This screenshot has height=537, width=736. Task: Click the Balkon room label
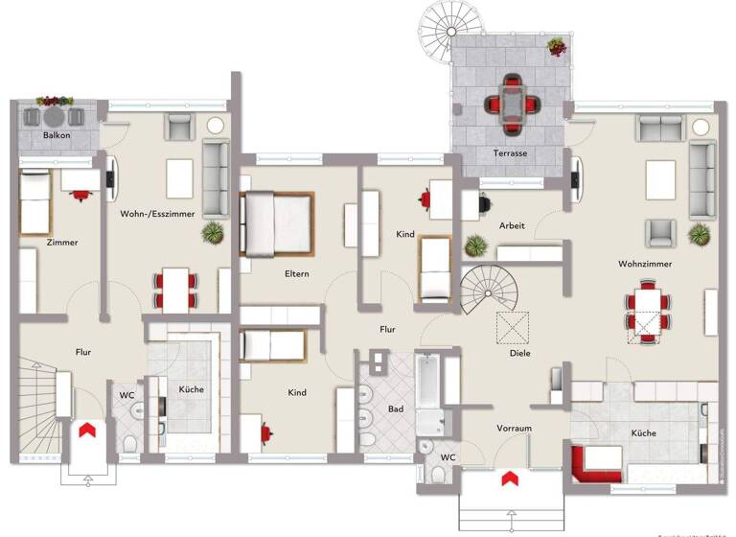56,136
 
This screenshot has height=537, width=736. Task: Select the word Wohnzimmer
645,262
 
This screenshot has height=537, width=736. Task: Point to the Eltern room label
296,273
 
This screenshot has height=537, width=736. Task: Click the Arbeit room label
513,225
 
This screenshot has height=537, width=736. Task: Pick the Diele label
519,352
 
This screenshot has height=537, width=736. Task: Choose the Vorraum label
514,428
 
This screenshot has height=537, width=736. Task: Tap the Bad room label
394,409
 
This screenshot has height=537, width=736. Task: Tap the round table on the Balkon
55,117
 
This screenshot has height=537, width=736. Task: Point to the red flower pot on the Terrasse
556,45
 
